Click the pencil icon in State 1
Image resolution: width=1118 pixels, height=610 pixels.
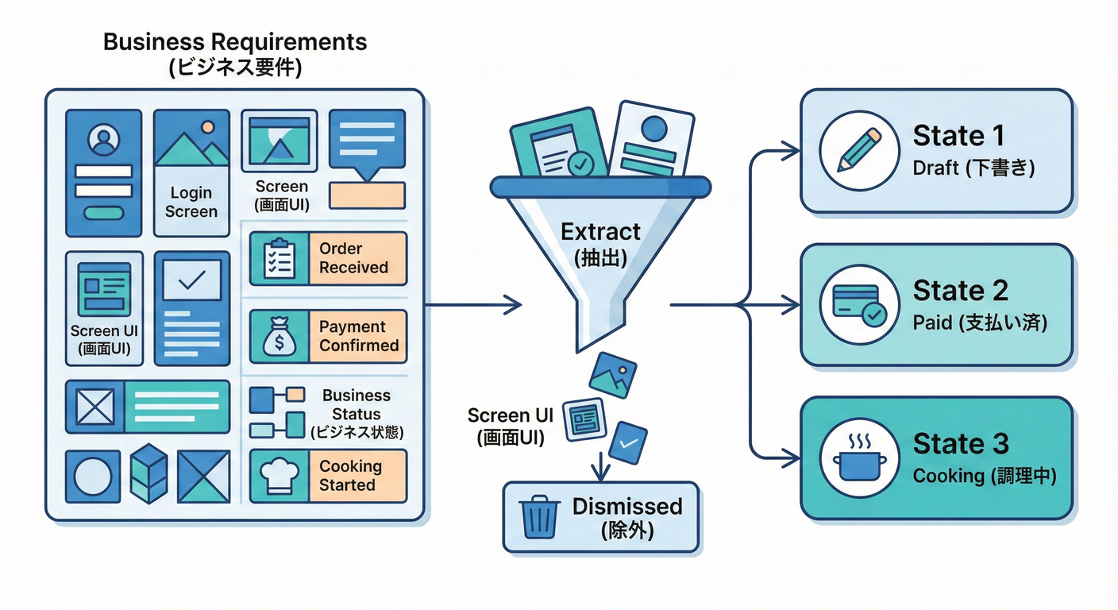[859, 150]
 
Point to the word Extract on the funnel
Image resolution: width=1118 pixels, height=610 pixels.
[600, 232]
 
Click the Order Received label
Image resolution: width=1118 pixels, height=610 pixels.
[353, 258]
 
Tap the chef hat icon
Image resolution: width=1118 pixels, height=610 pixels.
[278, 476]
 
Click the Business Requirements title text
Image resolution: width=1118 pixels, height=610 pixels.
[235, 42]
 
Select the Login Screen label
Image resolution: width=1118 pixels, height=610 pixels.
[191, 202]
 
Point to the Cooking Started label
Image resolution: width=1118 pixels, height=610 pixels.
[350, 476]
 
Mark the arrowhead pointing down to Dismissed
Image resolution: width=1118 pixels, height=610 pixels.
[601, 473]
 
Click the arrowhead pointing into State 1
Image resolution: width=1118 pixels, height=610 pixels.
[789, 150]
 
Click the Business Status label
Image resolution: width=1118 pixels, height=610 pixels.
[357, 405]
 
